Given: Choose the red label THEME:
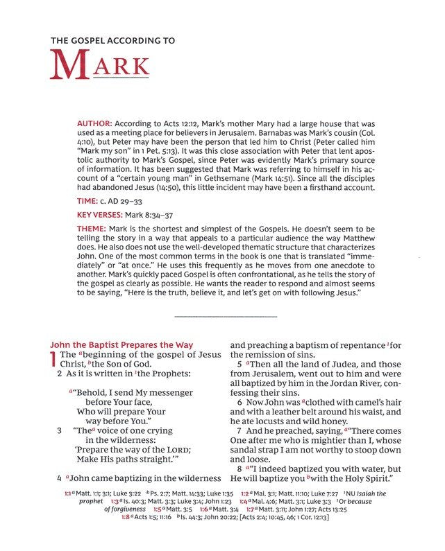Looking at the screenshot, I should (x=94, y=229).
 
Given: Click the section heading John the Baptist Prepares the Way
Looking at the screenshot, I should (x=121, y=344).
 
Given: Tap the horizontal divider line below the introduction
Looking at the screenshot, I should (x=226, y=317).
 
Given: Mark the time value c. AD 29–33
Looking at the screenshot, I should (x=131, y=200).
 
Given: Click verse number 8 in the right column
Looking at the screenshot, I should (x=240, y=469).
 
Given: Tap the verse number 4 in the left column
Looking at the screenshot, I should (x=59, y=478).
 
